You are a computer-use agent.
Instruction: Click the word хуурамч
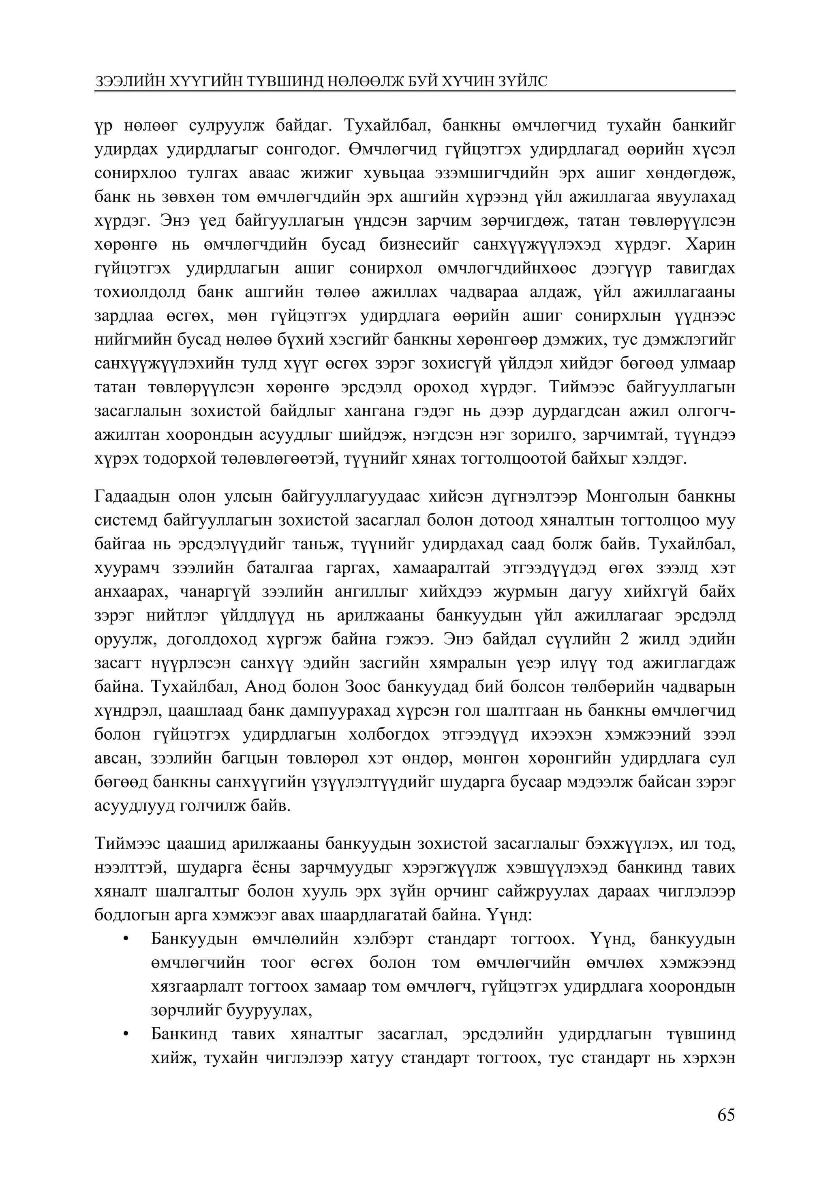pos(127,568)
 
